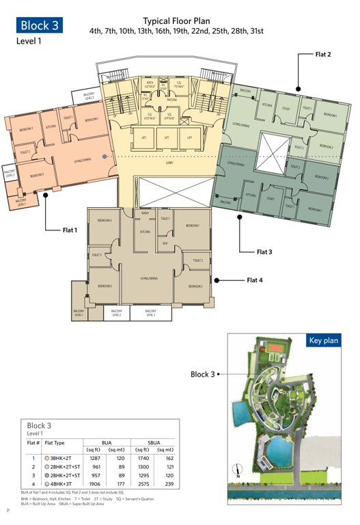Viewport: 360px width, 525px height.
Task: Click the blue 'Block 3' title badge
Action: pyautogui.click(x=40, y=25)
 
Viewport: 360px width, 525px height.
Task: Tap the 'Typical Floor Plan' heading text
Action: pyautogui.click(x=176, y=22)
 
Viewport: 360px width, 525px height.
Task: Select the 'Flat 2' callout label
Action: pyautogui.click(x=323, y=53)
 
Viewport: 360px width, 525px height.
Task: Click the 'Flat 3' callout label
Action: pyautogui.click(x=264, y=252)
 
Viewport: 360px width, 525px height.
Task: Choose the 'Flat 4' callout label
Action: pyautogui.click(x=255, y=280)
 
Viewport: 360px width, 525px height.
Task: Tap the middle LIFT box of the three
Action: pyautogui.click(x=166, y=137)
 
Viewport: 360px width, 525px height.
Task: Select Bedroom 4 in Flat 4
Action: pyautogui.click(x=105, y=220)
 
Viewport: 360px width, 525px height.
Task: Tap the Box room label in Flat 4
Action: pyautogui.click(x=165, y=243)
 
